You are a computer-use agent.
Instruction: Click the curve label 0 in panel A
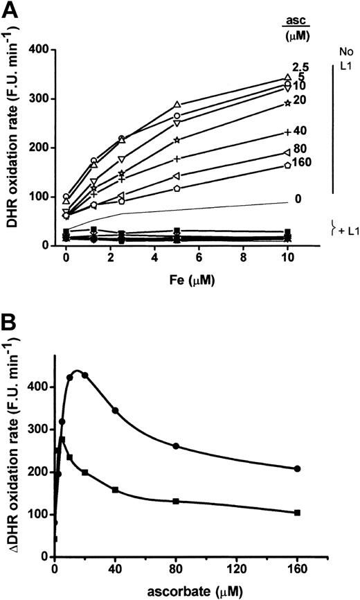coord(298,200)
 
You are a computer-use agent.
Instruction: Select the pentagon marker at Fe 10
coord(287,166)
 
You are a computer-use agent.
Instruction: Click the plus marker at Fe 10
coord(287,132)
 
